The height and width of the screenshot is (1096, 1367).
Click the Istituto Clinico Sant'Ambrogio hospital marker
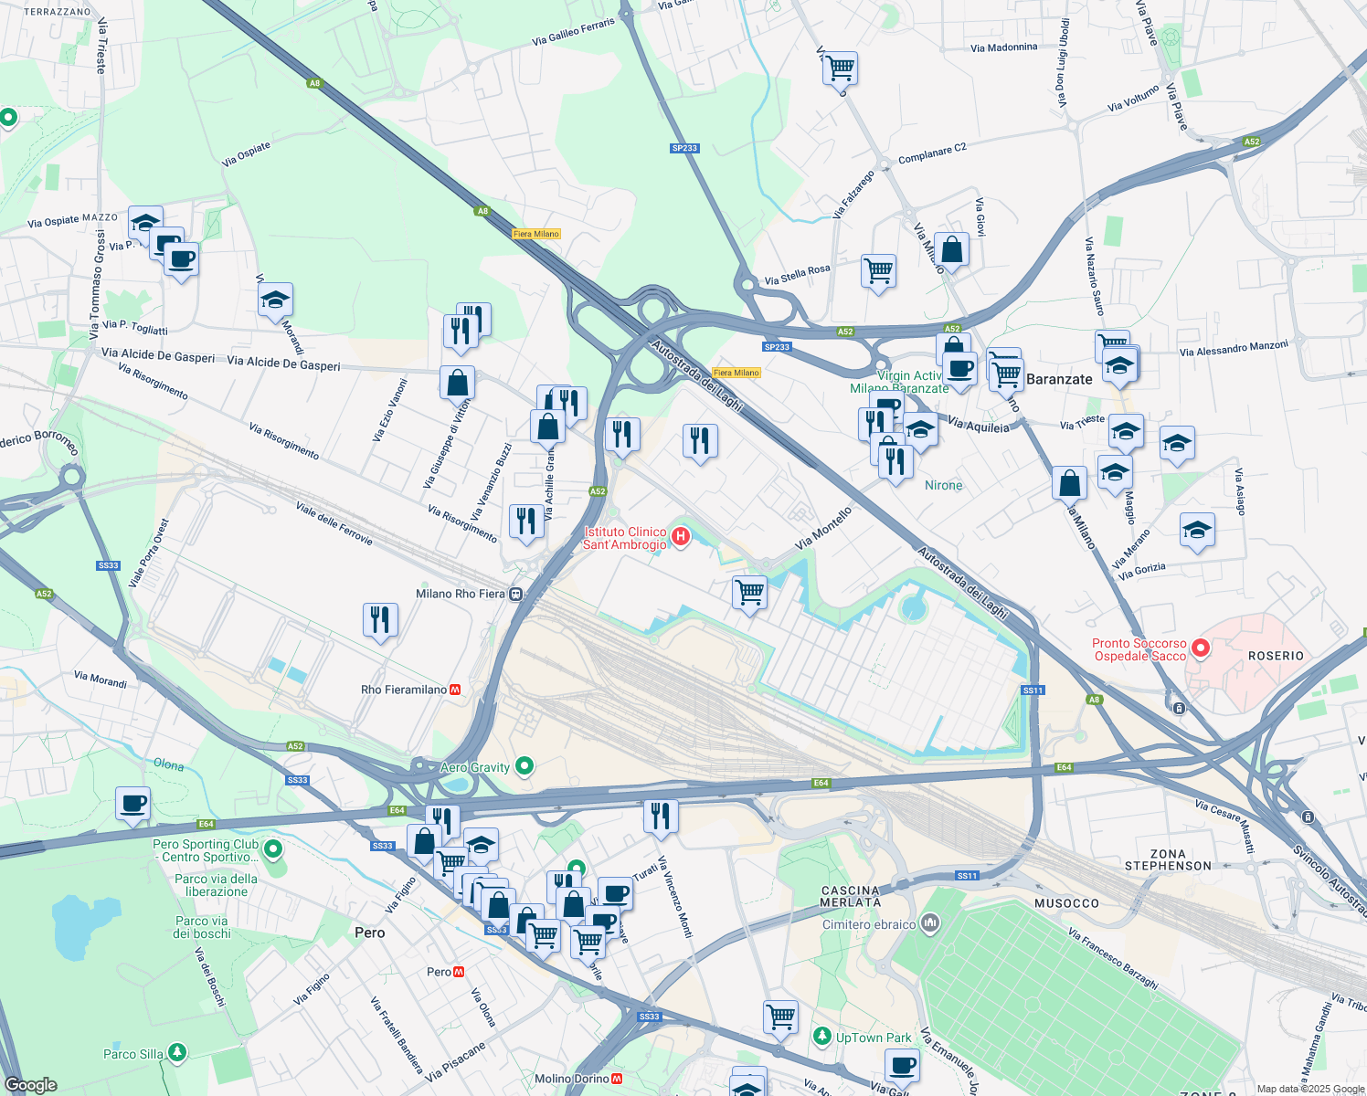pos(681,537)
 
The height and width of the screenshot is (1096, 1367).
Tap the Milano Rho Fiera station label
pos(460,594)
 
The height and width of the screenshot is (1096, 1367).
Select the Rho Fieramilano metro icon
pos(455,690)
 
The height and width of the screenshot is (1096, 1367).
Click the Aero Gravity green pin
pos(525,765)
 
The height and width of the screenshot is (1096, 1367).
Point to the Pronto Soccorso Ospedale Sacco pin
pos(1201,648)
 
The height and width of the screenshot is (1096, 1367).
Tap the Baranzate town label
pos(1059,379)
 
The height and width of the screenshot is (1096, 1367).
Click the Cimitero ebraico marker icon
pos(930,923)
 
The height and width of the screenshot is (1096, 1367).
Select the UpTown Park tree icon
pos(822,1036)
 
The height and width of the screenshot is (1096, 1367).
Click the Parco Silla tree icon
pos(177,1053)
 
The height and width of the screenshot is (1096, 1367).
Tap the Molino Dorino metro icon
pos(618,1079)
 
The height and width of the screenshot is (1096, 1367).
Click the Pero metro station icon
pos(459,972)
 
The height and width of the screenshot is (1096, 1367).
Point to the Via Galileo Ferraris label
pos(573,32)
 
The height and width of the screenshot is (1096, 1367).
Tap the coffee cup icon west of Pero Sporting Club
pos(133,804)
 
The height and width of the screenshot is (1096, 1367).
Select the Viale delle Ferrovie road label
pos(334,523)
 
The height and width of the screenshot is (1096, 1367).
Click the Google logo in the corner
pos(31,1084)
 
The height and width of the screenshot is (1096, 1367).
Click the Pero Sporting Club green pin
pos(273,849)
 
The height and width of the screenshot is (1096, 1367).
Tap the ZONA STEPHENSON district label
pos(1168,859)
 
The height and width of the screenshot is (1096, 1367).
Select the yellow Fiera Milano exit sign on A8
pos(536,234)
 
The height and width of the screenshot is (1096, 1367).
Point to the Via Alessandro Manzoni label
pos(1234,348)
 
